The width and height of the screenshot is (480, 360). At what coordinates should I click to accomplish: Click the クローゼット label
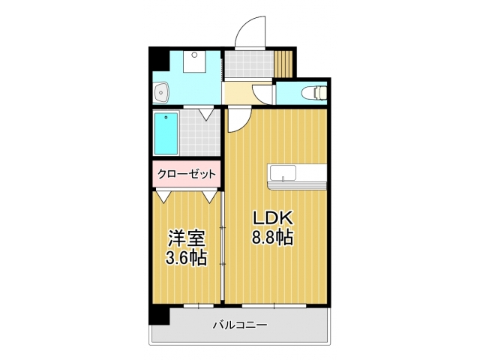[x=187, y=174]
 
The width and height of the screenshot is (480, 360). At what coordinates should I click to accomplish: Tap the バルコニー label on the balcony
[x=240, y=325]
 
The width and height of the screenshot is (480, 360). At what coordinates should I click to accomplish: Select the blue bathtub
[x=166, y=133]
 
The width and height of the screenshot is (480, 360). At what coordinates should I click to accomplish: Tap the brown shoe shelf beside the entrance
[x=284, y=62]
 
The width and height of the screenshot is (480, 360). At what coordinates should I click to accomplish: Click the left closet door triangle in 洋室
[x=163, y=196]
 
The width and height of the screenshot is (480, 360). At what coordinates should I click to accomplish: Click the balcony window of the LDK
[x=274, y=306]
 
